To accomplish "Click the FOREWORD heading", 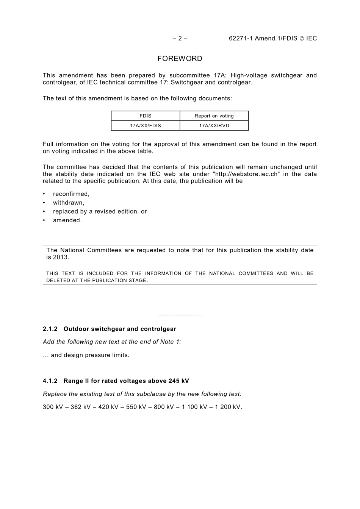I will [x=180, y=59].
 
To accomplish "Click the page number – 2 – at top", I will [x=180, y=38].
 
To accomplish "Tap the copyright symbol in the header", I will [x=302, y=38].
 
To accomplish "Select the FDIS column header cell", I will [x=145, y=116].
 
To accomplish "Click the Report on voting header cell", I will [x=214, y=116].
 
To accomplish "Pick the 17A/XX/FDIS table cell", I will [x=145, y=126].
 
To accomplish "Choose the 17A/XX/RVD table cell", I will [x=214, y=126].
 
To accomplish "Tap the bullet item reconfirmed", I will [x=71, y=194].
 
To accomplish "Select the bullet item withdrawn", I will [x=69, y=203].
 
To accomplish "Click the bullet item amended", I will [x=67, y=220].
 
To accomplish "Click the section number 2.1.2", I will [x=50, y=329].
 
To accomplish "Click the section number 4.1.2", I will [x=50, y=381].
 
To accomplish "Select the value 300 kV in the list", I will [x=53, y=407].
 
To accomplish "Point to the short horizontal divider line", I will [x=180, y=316].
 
